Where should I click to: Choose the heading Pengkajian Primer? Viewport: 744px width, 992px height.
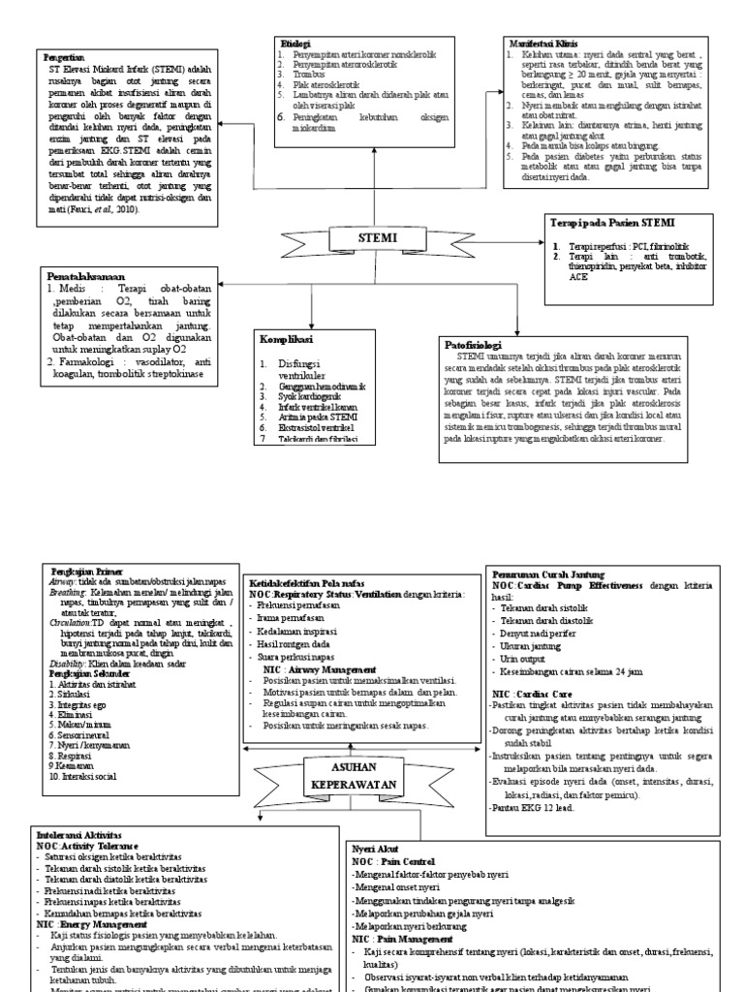pos(81,573)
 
